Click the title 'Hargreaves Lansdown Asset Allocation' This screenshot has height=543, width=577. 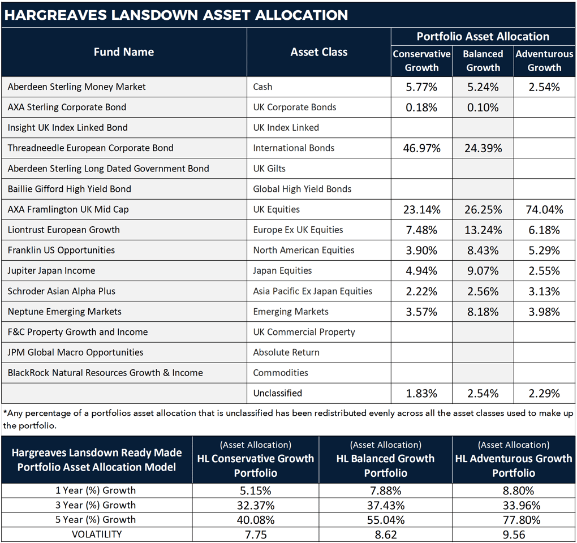pos(176,15)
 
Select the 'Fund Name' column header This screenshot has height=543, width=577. pos(123,52)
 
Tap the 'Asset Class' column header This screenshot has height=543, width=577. pos(318,52)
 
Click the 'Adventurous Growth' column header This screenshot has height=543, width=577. pos(544,61)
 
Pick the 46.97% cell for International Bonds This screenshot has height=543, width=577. pos(421,148)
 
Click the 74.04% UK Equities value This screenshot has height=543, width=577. pos(544,210)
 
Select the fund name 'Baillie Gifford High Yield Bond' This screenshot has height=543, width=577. pos(69,189)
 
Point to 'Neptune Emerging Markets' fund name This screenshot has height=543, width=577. pos(64,312)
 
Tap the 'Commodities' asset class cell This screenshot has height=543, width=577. pos(281,373)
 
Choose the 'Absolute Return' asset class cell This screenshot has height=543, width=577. pos(286,352)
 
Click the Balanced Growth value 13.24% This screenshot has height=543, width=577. pos(482,230)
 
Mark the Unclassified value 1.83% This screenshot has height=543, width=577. pos(421,394)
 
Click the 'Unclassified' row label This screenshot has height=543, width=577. pos(277,393)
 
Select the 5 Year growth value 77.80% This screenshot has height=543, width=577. pos(514,520)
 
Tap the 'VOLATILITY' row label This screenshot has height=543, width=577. pos(97,534)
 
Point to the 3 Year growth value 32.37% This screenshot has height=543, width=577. pos(255,505)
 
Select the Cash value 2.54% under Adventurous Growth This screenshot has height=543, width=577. pos(544,87)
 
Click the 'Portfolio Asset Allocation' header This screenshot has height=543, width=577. pos(483,37)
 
